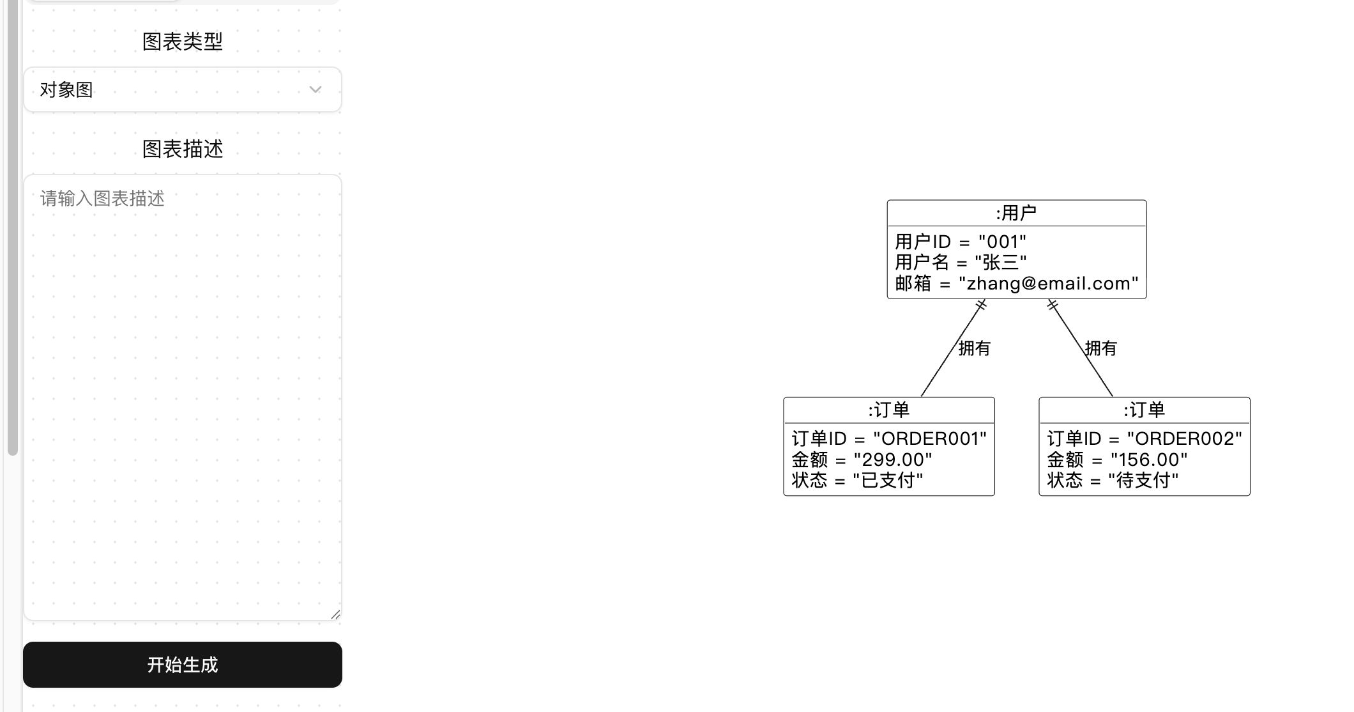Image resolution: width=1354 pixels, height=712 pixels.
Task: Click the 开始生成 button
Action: pos(183,665)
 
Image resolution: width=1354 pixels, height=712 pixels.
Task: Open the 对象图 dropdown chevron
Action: pos(315,89)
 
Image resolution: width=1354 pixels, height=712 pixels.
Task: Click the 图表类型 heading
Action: pos(183,42)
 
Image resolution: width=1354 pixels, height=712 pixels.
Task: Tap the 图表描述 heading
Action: pos(183,149)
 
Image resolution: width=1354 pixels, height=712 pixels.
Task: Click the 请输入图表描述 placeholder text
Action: pos(102,198)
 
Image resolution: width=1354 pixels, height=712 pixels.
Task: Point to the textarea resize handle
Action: pos(335,614)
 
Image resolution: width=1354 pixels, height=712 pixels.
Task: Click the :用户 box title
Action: pos(1016,213)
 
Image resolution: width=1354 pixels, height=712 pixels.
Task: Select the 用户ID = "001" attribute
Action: pos(960,242)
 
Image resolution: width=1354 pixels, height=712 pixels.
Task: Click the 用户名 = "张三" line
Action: pos(960,262)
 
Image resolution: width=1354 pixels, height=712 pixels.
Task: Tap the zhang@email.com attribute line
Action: pos(1016,283)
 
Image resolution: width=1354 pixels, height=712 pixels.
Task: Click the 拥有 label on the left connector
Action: pos(974,348)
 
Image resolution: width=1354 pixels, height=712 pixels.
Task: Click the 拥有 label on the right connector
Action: pos(1101,348)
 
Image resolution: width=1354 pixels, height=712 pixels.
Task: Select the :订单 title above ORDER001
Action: pos(888,410)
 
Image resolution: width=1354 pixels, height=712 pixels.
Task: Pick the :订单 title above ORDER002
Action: pos(1144,410)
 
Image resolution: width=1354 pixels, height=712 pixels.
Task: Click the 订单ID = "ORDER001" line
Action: pos(888,438)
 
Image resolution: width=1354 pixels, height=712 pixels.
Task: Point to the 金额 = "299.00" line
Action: pos(862,460)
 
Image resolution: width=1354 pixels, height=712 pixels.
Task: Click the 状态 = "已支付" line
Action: pos(857,480)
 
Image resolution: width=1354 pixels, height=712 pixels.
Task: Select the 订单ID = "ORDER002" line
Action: pos(1144,438)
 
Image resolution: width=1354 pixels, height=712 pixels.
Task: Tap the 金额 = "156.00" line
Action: pos(1117,460)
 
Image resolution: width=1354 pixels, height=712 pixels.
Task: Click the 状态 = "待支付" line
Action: pos(1113,480)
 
